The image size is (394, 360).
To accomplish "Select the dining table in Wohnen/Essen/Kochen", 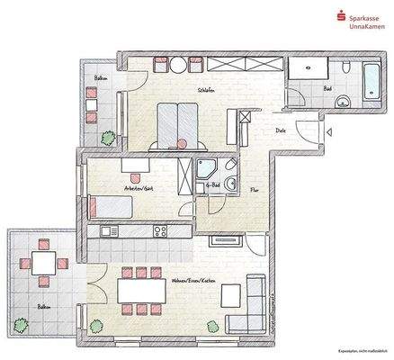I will pyautogui.click(x=140, y=291).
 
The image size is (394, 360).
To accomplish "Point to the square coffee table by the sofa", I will pyautogui.click(x=230, y=295).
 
